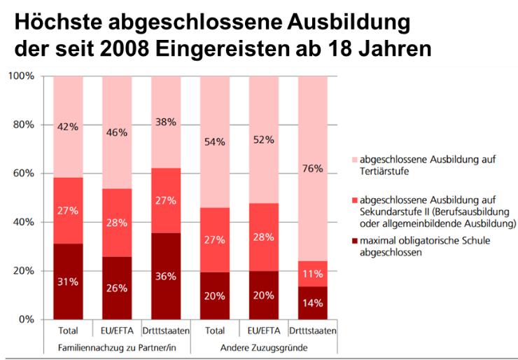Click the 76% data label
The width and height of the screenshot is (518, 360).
pos(313,168)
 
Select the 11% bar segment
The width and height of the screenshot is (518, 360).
pos(313,274)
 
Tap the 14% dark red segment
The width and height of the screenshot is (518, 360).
pos(313,303)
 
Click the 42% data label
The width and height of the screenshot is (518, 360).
pos(68,127)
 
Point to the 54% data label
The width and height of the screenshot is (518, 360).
pos(215,142)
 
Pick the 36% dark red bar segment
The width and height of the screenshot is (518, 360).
pos(166,276)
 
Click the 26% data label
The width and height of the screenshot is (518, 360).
pos(117,289)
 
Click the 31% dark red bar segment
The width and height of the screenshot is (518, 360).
pos(68,281)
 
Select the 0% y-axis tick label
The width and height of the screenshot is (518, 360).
pos(27,319)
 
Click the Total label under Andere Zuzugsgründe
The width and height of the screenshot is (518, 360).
pos(215,331)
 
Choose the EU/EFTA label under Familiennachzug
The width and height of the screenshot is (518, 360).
pos(117,331)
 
